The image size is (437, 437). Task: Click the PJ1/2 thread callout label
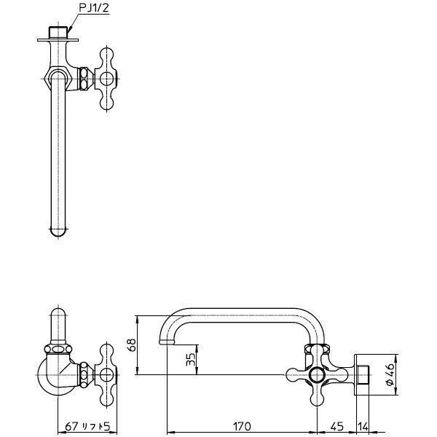click(94, 8)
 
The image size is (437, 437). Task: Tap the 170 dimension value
click(242, 426)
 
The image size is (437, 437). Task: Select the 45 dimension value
click(336, 426)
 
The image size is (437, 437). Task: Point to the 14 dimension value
click(363, 426)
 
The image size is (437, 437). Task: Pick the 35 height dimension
click(191, 360)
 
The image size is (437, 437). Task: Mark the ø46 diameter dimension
click(390, 374)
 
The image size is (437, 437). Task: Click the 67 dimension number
click(71, 426)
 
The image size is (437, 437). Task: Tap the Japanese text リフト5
click(96, 426)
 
